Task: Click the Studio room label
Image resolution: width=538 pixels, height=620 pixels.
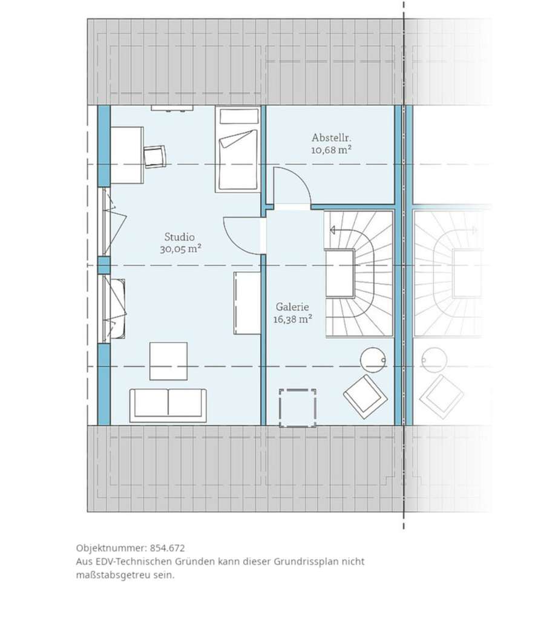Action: pyautogui.click(x=180, y=237)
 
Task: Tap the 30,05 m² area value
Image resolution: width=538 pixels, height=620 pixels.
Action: pyautogui.click(x=181, y=249)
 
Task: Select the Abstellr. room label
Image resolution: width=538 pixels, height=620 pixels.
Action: pyautogui.click(x=331, y=137)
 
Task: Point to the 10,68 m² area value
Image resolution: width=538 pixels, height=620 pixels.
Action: pyautogui.click(x=331, y=150)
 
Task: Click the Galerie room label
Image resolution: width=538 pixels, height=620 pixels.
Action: pyautogui.click(x=292, y=307)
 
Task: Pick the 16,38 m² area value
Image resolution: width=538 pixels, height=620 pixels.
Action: pyautogui.click(x=293, y=319)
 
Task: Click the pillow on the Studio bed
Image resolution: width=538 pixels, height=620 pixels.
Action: pyautogui.click(x=238, y=116)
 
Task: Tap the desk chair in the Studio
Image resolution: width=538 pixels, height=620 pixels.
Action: pyautogui.click(x=154, y=157)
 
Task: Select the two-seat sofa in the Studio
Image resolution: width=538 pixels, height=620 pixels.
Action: pyautogui.click(x=168, y=404)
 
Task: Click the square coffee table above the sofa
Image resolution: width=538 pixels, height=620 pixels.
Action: pyautogui.click(x=168, y=361)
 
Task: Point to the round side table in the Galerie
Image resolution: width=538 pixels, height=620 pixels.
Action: pyautogui.click(x=373, y=360)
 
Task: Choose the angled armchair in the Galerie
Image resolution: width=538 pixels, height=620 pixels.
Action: pyautogui.click(x=366, y=397)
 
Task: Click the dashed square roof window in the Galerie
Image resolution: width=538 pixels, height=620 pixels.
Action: pyautogui.click(x=298, y=408)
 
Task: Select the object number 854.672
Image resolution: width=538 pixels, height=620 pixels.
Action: pyautogui.click(x=167, y=548)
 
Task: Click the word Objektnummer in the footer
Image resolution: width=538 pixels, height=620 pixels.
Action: pyautogui.click(x=111, y=549)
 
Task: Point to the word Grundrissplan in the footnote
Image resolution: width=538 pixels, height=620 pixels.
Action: pyautogui.click(x=304, y=561)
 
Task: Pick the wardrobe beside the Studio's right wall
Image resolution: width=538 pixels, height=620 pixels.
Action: pyautogui.click(x=247, y=303)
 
